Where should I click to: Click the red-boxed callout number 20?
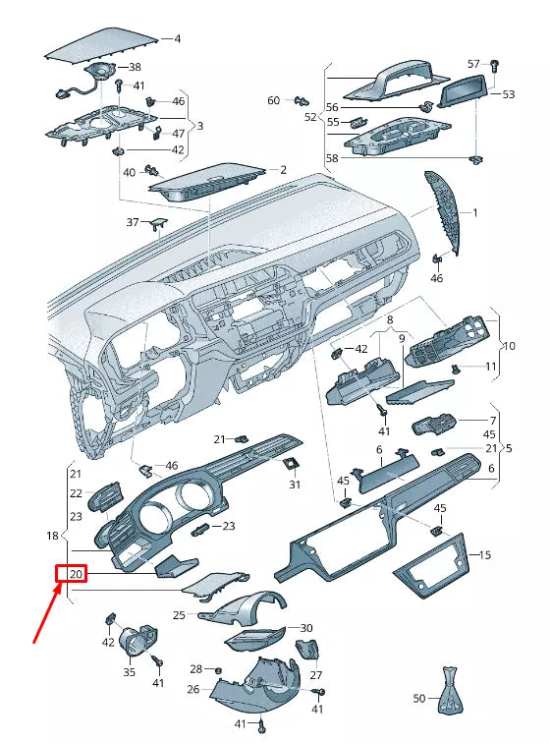click(76, 574)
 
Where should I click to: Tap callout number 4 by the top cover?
click(178, 39)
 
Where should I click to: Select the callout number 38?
click(136, 67)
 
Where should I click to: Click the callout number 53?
click(508, 95)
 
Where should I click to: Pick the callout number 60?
click(274, 100)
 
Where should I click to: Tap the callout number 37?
click(134, 222)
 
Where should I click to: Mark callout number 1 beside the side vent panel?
click(474, 212)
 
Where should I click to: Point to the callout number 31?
click(295, 485)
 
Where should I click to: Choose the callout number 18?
click(53, 537)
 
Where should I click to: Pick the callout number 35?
click(130, 673)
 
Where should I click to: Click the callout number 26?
click(193, 689)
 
